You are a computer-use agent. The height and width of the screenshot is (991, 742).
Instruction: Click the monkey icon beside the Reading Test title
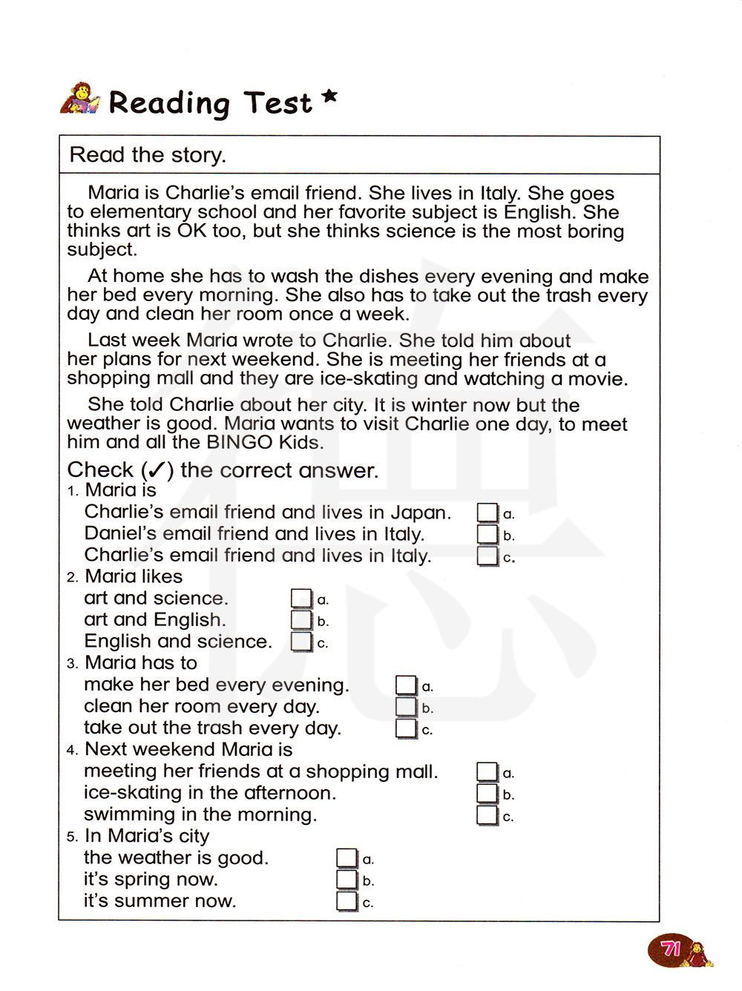tap(79, 99)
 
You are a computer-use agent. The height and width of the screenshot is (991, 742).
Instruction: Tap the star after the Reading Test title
tap(330, 96)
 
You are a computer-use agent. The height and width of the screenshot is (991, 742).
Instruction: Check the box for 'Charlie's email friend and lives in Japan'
tap(487, 513)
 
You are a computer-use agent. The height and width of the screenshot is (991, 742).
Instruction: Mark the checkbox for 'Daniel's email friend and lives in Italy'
tap(487, 534)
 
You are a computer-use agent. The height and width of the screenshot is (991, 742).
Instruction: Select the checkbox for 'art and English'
tap(301, 620)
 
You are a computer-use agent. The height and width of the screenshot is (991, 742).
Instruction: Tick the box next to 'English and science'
tap(301, 642)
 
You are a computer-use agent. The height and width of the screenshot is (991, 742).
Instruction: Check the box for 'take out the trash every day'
tap(406, 728)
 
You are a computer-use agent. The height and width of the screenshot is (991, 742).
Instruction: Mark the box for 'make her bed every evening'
tap(406, 685)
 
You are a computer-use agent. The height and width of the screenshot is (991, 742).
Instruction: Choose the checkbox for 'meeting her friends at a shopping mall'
tap(487, 772)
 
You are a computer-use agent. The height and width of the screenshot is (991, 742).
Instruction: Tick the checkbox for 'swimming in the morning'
tap(487, 815)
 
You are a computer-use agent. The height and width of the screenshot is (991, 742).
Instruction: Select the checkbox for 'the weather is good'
tap(347, 858)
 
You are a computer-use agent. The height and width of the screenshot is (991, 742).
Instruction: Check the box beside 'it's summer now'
tap(347, 901)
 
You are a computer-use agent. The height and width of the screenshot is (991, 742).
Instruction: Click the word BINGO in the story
tap(240, 443)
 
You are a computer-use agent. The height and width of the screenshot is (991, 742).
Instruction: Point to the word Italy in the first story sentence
tap(499, 194)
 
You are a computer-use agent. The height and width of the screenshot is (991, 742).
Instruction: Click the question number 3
tap(72, 664)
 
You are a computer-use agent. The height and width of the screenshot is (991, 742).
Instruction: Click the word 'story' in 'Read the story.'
tap(197, 155)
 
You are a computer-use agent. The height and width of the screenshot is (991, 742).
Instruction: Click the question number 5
tap(72, 837)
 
